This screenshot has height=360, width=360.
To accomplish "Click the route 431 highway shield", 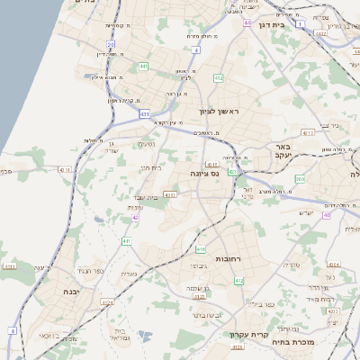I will coord(145,114).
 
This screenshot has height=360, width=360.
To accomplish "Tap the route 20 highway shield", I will coord(111,43).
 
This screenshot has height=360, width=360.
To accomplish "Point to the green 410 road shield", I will coord(202,249).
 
